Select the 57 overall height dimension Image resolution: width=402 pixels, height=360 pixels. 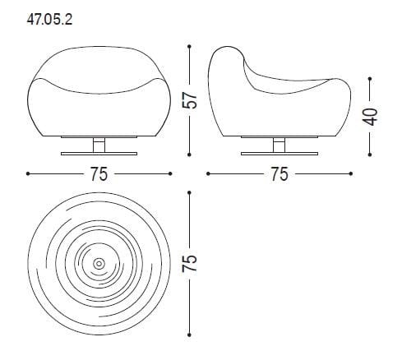coord(191,100)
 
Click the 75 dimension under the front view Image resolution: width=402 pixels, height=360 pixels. coord(99,174)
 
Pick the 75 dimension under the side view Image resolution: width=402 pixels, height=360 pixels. coord(280,174)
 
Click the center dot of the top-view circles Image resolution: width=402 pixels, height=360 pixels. coord(99,264)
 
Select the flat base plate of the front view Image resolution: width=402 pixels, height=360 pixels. coord(99,153)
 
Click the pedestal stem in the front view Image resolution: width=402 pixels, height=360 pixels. coord(99,145)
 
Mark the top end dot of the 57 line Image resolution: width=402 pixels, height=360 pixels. coord(191,47)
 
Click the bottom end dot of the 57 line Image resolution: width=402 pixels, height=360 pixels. coord(191,155)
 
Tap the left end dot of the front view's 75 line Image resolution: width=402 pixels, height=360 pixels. coord(28,174)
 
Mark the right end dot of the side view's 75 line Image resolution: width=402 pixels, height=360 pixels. coord(352,174)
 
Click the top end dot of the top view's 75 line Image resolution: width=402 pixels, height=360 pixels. coord(191,192)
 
